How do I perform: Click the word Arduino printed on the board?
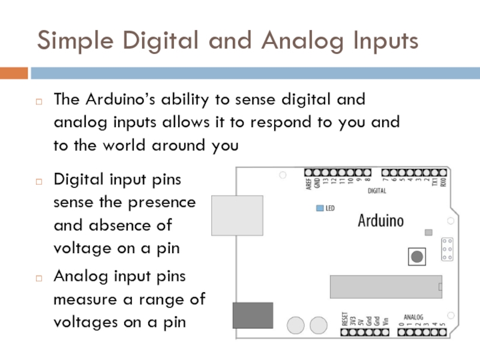coord(381,221)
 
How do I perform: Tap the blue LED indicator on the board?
coord(319,209)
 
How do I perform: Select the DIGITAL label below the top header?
coord(377,191)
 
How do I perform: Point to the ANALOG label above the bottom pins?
coord(413,317)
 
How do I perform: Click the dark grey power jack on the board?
coord(253,315)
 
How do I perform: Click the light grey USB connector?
coord(237,216)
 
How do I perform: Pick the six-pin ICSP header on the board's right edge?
coord(446,249)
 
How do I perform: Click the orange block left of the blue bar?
coord(14,73)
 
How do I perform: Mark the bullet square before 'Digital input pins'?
coord(38,181)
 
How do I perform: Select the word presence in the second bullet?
coord(161,202)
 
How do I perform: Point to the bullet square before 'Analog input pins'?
coord(38,278)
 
